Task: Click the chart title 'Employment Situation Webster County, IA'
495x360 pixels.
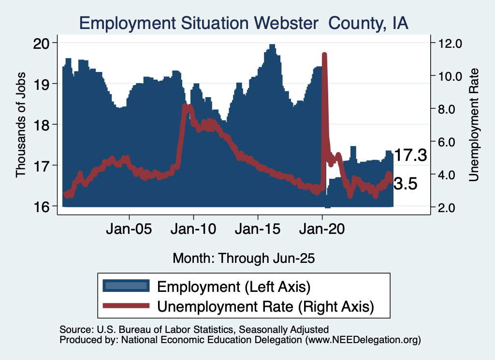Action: pyautogui.click(x=244, y=23)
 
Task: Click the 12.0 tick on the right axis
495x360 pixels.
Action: pyautogui.click(x=450, y=43)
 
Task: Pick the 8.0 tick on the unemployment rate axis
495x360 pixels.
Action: pyautogui.click(x=450, y=109)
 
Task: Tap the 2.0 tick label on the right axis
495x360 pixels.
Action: pyautogui.click(x=450, y=207)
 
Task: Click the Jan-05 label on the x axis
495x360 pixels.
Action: pyautogui.click(x=129, y=228)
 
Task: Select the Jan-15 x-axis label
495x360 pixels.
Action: pyautogui.click(x=258, y=228)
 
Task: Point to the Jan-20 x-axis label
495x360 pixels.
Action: pyautogui.click(x=322, y=228)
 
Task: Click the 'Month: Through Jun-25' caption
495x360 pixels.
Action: pyautogui.click(x=244, y=258)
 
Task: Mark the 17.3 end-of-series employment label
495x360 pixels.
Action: pyautogui.click(x=410, y=156)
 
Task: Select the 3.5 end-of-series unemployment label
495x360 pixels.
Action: pyautogui.click(x=405, y=184)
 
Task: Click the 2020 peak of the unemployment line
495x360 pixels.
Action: pyautogui.click(x=324, y=55)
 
